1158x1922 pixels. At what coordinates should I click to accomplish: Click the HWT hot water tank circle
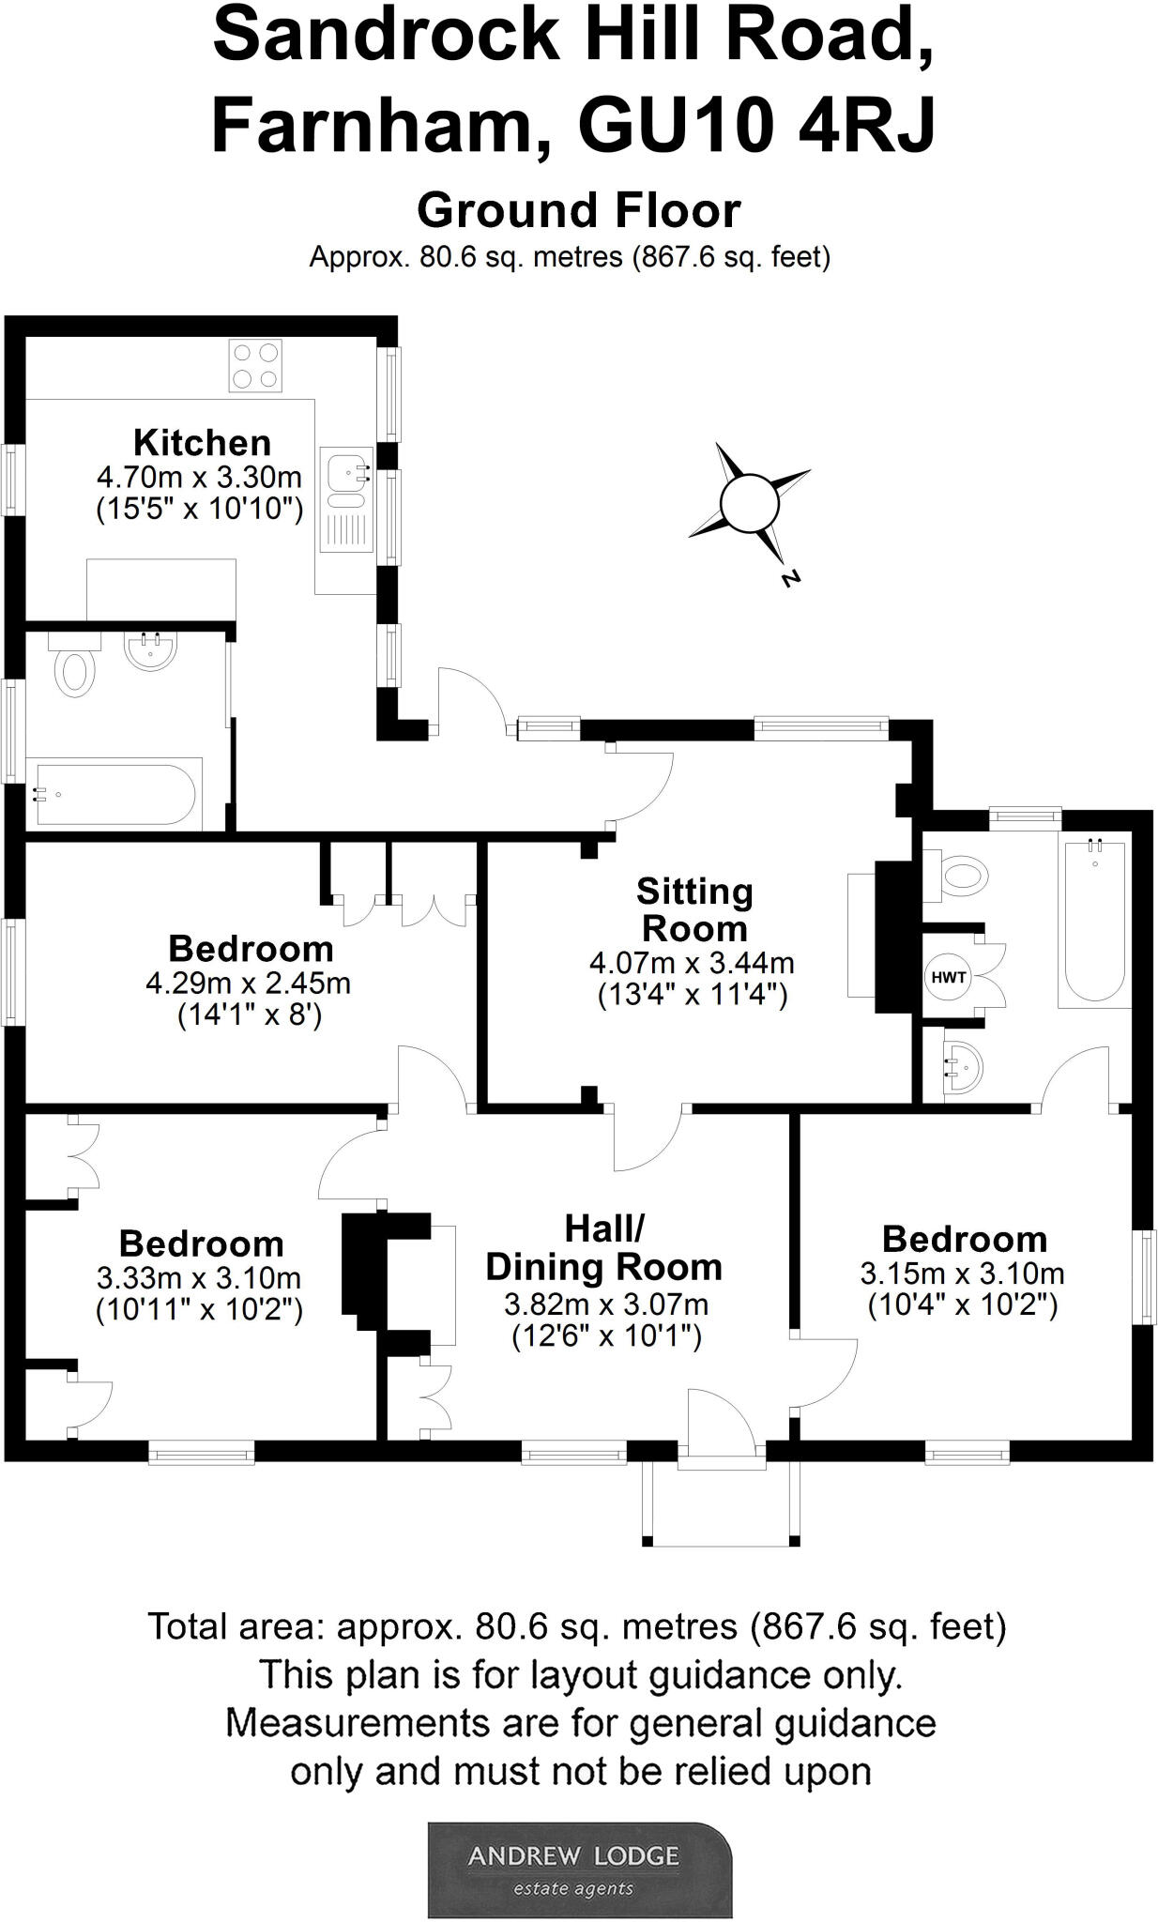[x=948, y=977]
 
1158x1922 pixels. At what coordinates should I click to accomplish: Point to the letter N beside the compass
[x=791, y=578]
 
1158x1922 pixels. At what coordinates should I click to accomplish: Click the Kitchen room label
[x=202, y=442]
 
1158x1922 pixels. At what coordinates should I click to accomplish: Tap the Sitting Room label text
[x=694, y=909]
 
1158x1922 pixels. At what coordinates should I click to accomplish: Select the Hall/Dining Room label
[x=604, y=1247]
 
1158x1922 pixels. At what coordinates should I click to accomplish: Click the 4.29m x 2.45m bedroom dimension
[x=249, y=984]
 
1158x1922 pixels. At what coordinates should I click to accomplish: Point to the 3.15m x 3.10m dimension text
[x=963, y=1274]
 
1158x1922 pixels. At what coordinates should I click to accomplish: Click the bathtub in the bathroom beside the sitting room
[x=1092, y=924]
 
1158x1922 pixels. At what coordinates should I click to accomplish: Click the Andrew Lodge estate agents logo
[x=579, y=1869]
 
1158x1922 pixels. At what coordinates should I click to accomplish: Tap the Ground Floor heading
[x=579, y=210]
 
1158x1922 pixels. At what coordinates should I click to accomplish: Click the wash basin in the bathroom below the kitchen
[x=151, y=651]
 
